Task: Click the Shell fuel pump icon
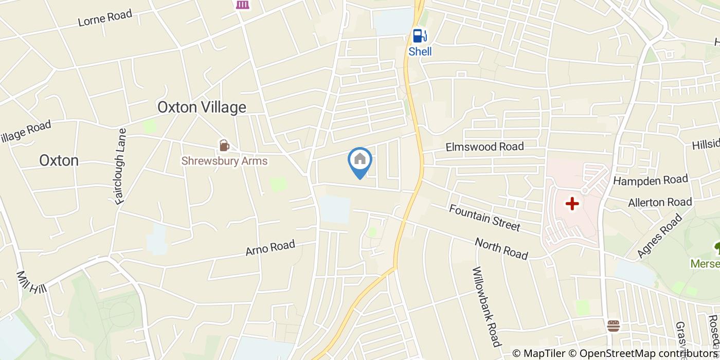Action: [x=420, y=35]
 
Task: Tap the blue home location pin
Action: [x=360, y=160]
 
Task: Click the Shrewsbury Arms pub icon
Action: [x=224, y=146]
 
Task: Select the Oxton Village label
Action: [x=202, y=107]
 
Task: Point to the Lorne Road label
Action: [x=105, y=18]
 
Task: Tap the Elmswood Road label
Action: [x=484, y=147]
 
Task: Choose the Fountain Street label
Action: [x=484, y=218]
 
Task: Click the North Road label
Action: [x=501, y=248]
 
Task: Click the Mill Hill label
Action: [x=31, y=282]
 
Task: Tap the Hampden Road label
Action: [x=651, y=181]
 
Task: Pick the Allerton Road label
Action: [x=660, y=203]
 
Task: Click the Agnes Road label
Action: [x=659, y=236]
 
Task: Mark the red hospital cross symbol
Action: [x=572, y=204]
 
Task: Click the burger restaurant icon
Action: [x=613, y=326]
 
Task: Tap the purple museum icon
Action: [x=242, y=4]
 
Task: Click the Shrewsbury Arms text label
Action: [x=224, y=161]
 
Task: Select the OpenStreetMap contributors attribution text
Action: [x=649, y=353]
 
